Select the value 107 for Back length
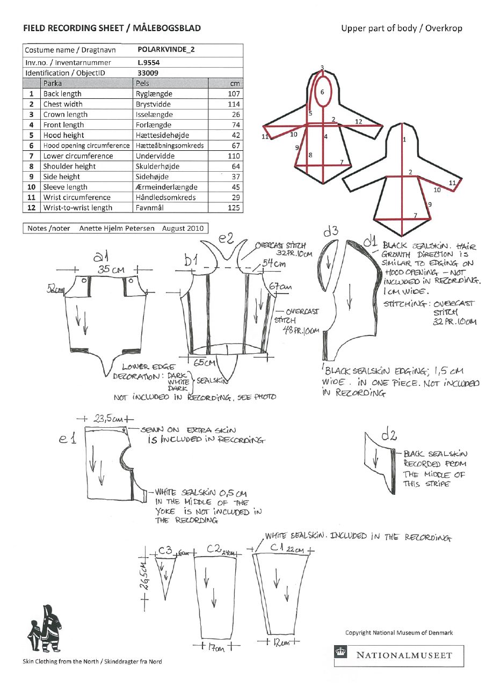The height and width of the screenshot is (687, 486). coord(233,93)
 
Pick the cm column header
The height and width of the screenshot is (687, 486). coord(234,83)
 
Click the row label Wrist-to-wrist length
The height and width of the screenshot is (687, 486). coord(77,208)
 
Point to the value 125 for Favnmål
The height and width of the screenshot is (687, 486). coord(233,208)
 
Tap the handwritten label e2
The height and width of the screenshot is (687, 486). coord(226,238)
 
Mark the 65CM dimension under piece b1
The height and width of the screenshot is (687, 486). coord(204,363)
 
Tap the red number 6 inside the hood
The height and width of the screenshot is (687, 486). coord(322,92)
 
